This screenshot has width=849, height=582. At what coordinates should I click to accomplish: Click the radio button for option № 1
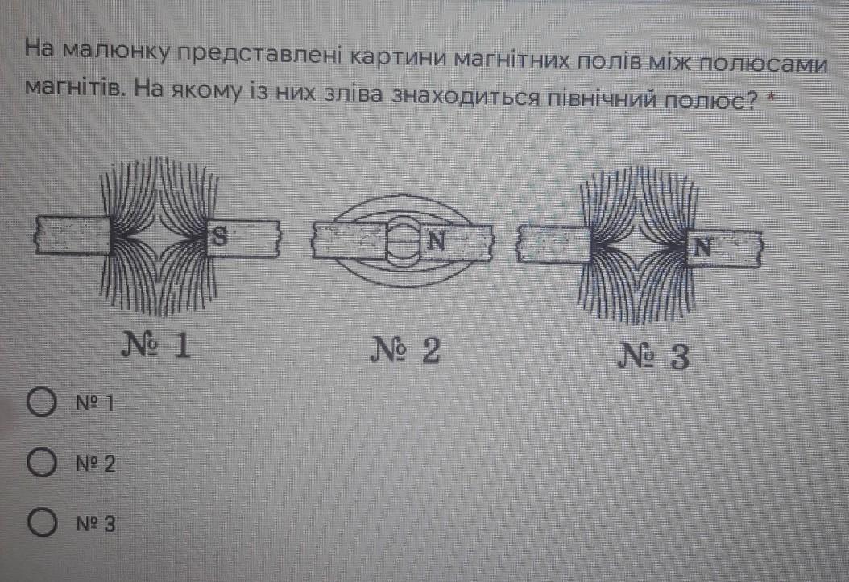point(41,401)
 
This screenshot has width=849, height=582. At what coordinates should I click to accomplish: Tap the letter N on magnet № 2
point(436,239)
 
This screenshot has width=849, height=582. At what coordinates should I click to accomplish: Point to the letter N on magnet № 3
point(702,247)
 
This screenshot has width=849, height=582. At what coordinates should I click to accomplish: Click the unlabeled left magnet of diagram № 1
point(72,236)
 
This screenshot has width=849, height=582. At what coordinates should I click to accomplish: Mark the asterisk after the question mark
point(771,99)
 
